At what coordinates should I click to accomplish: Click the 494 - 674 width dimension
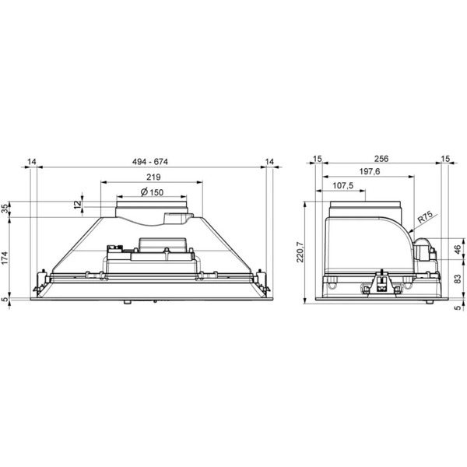click(150, 162)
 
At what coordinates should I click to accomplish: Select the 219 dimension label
click(153, 177)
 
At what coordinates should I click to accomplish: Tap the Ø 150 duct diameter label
click(152, 192)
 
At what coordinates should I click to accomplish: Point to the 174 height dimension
click(5, 258)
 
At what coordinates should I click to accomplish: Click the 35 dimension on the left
click(5, 209)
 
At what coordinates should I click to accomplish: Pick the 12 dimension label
click(77, 204)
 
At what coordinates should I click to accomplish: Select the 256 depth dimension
click(381, 159)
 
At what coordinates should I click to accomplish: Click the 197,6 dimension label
click(370, 171)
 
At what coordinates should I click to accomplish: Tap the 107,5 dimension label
click(342, 185)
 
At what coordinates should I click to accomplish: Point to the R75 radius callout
click(425, 218)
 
